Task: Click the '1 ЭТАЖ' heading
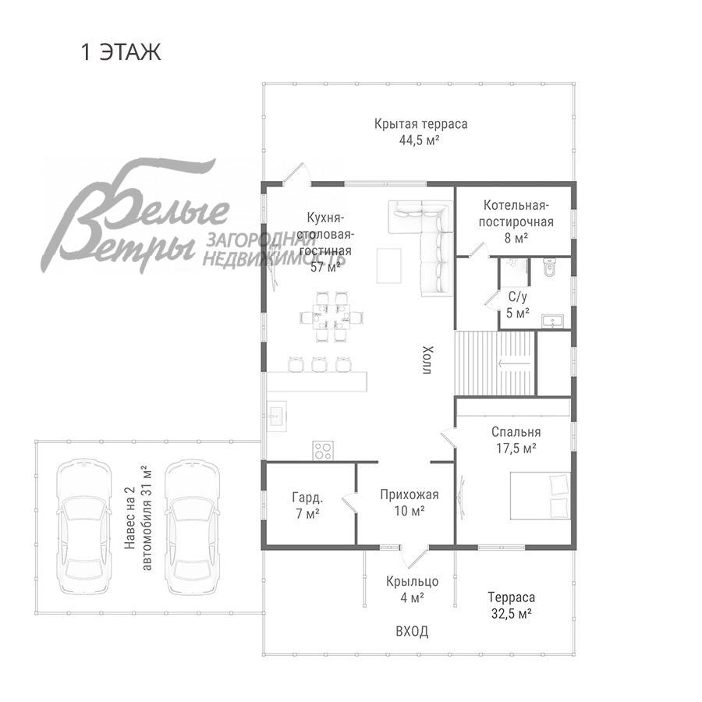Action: pos(120,52)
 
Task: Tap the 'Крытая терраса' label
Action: pos(420,124)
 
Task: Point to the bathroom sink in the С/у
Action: pos(555,320)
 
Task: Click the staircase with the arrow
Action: pos(496,363)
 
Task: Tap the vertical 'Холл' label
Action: pos(427,360)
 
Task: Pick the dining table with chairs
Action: pos(333,317)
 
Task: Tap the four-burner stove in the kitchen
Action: pos(324,450)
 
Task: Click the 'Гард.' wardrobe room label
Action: pos(307,497)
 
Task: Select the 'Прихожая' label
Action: pos(409,495)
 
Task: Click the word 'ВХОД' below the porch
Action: pos(411,631)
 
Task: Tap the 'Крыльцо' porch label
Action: pos(412,581)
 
